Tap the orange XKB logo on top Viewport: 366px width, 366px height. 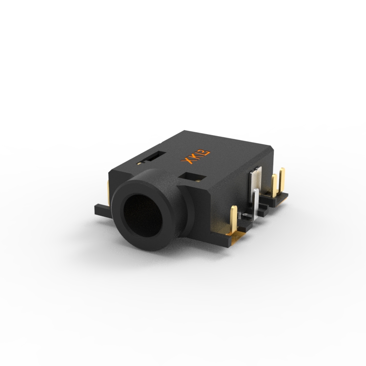click(196, 157)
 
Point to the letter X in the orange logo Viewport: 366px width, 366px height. click(187, 161)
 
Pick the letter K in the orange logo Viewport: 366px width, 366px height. click(196, 156)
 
